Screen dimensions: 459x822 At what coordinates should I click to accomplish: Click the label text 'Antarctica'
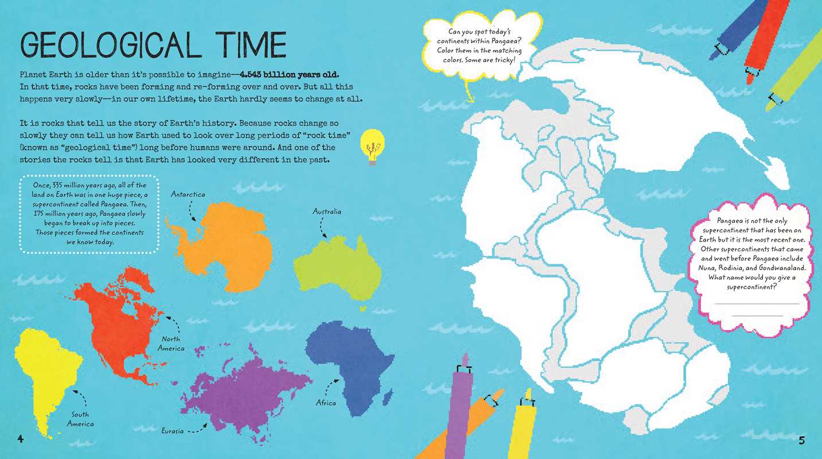pyautogui.click(x=188, y=195)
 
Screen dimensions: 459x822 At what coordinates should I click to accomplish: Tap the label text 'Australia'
pyautogui.click(x=327, y=212)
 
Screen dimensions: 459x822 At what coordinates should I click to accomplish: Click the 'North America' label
pyautogui.click(x=171, y=344)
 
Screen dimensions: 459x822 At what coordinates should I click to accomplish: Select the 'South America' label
pyautogui.click(x=80, y=419)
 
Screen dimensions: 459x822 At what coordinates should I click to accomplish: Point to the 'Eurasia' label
pyautogui.click(x=172, y=430)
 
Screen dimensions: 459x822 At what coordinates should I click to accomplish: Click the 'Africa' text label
pyautogui.click(x=326, y=403)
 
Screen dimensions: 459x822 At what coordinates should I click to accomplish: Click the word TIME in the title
pyautogui.click(x=247, y=45)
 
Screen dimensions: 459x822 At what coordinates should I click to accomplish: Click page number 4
pyautogui.click(x=21, y=440)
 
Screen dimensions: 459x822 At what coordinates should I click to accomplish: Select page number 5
pyautogui.click(x=801, y=441)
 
